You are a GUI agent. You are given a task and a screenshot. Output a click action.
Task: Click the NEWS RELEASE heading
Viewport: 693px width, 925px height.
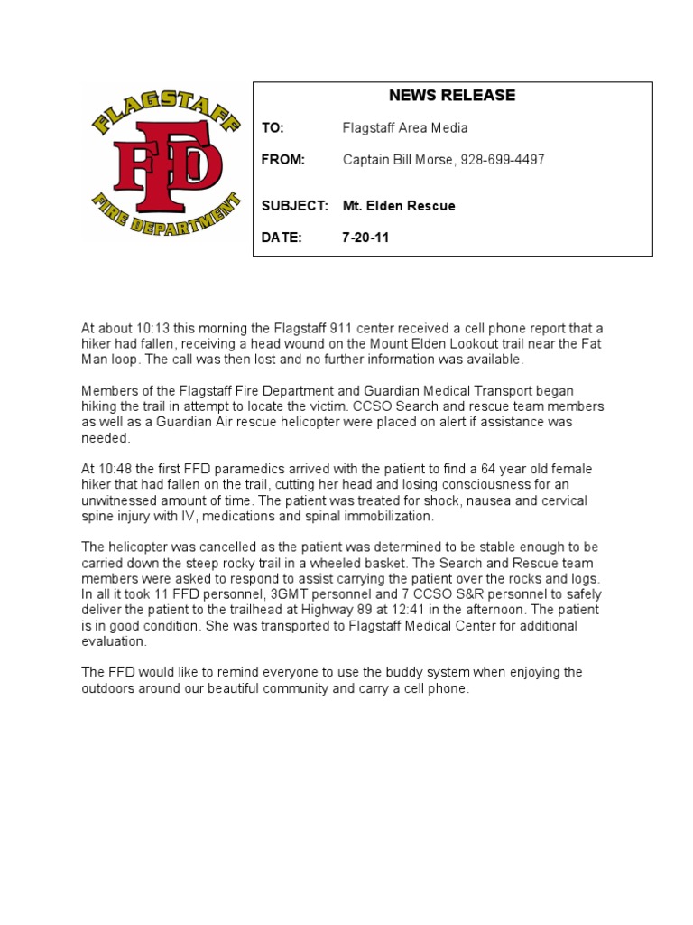pyautogui.click(x=452, y=96)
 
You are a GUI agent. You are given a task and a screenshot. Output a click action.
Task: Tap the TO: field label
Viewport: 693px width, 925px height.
pyautogui.click(x=273, y=128)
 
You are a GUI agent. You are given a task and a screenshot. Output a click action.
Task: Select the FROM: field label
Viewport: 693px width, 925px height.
pyautogui.click(x=283, y=160)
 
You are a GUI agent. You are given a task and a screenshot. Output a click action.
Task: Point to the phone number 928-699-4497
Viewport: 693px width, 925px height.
pyautogui.click(x=503, y=160)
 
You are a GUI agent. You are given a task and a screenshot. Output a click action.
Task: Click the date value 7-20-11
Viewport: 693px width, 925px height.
pyautogui.click(x=365, y=238)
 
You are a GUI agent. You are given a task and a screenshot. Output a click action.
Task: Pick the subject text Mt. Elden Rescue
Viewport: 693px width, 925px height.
pyautogui.click(x=399, y=206)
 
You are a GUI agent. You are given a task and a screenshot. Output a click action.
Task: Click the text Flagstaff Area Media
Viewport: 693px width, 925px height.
pyautogui.click(x=405, y=128)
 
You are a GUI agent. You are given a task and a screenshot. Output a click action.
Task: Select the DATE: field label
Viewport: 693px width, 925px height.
pyautogui.click(x=280, y=238)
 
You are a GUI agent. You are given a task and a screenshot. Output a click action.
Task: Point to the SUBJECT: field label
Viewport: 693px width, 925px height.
pyautogui.click(x=294, y=206)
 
